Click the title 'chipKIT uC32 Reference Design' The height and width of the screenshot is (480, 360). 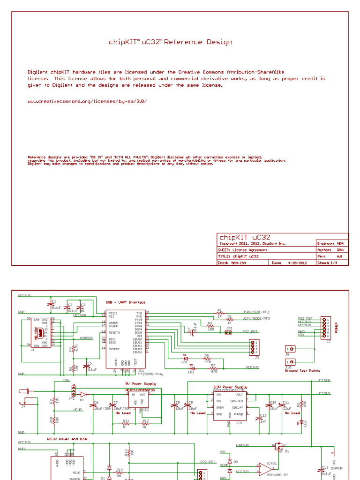coord(170,42)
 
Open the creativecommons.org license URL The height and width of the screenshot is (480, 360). coord(83,101)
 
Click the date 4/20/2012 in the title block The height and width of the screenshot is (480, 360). coord(296,263)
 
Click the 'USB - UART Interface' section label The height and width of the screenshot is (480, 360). coord(126,302)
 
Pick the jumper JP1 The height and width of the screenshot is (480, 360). coord(229,333)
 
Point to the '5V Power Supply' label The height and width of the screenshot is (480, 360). coord(131,383)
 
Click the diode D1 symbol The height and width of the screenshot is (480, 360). coord(83,394)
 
